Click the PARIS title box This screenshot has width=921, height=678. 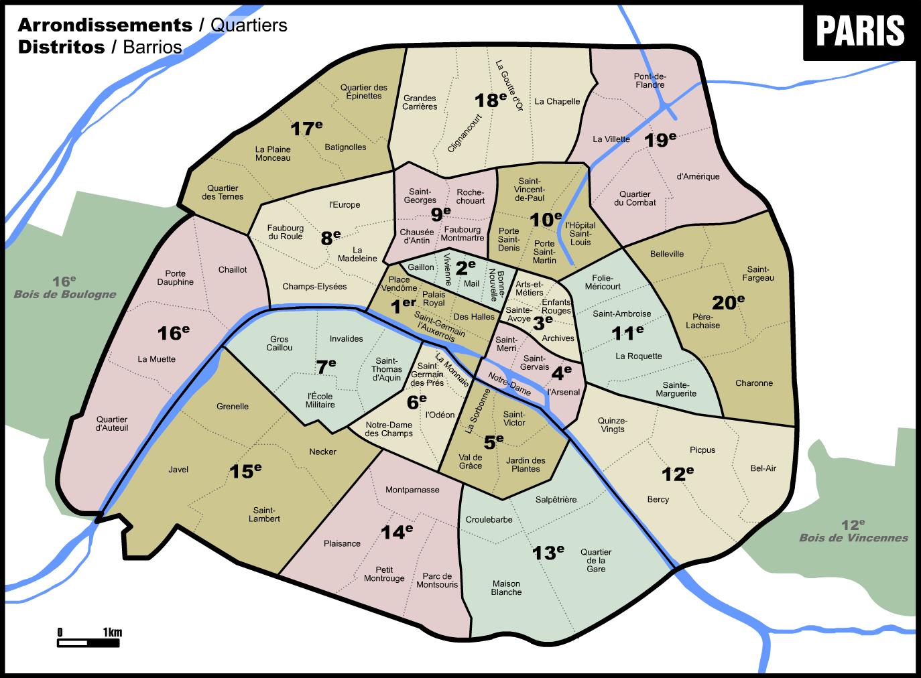pyautogui.click(x=861, y=30)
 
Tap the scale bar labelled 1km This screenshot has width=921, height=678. pyautogui.click(x=88, y=642)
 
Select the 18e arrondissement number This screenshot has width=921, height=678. pyautogui.click(x=491, y=100)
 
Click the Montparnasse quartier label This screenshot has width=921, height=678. pyautogui.click(x=412, y=490)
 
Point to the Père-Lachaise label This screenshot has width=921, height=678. pyautogui.click(x=702, y=321)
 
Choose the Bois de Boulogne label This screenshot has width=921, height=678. pyautogui.click(x=65, y=293)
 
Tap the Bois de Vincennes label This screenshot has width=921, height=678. pyautogui.click(x=853, y=537)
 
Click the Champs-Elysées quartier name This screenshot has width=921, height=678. pyautogui.click(x=314, y=287)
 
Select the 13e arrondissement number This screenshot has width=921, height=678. pyautogui.click(x=548, y=553)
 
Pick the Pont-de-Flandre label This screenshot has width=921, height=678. pyautogui.click(x=650, y=80)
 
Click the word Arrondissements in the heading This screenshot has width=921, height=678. pyautogui.click(x=105, y=25)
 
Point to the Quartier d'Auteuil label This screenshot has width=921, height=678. pyautogui.click(x=112, y=423)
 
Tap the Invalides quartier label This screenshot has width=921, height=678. pyautogui.click(x=346, y=339)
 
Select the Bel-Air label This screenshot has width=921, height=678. pyautogui.click(x=763, y=468)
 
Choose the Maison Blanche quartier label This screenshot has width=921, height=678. pyautogui.click(x=506, y=588)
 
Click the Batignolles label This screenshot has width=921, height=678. pyautogui.click(x=345, y=147)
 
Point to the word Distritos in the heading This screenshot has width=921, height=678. pyautogui.click(x=62, y=47)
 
